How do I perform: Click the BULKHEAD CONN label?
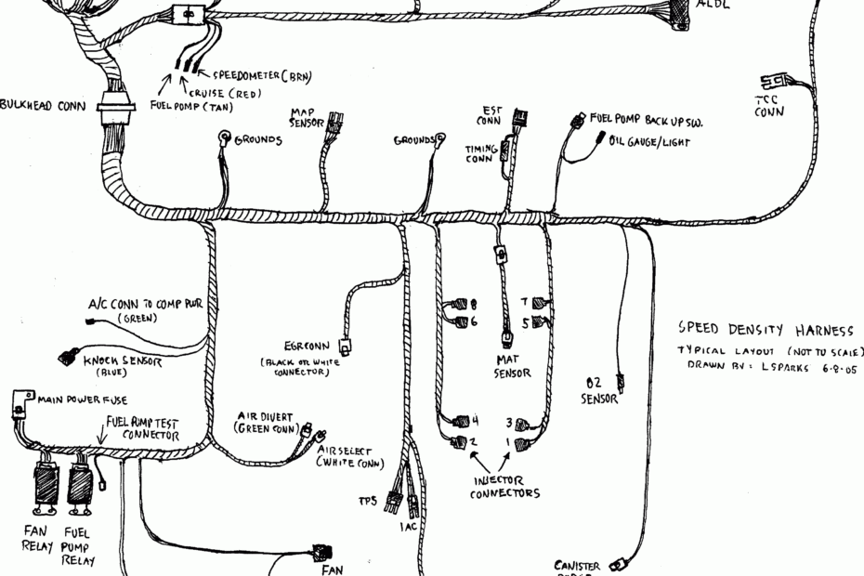pos(43,105)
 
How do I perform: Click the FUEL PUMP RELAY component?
pos(78,484)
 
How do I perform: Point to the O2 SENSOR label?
pos(599,390)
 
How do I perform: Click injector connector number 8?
pos(459,305)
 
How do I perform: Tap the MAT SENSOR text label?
pos(512,366)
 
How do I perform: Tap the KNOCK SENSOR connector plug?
pos(65,355)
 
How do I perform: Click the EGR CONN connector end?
pos(345,347)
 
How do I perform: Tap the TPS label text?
pos(367,502)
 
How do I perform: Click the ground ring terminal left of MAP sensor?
pos(223,138)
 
